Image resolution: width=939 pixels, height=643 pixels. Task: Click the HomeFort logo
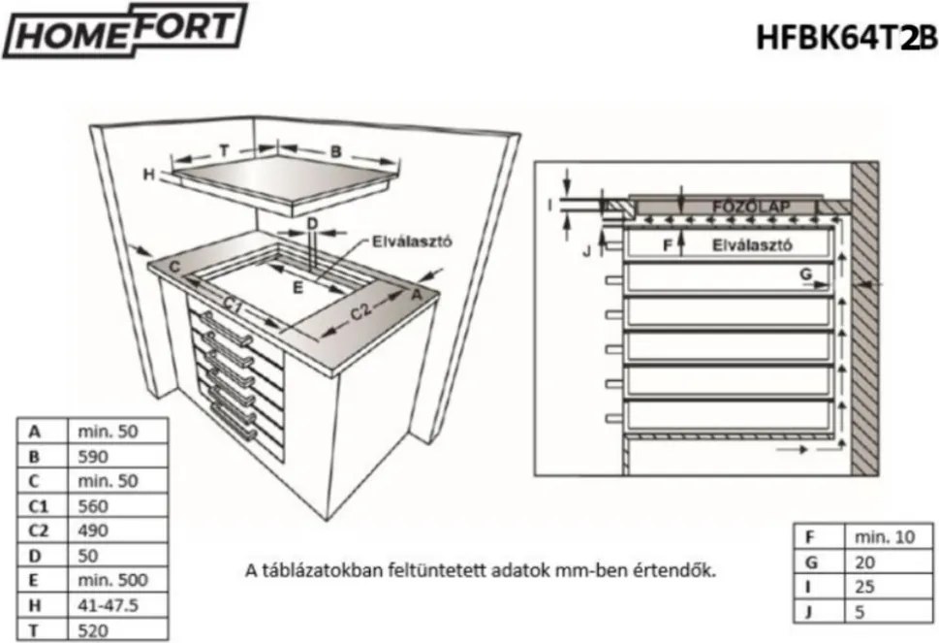[x=125, y=33]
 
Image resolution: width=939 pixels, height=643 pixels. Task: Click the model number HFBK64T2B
[x=846, y=37]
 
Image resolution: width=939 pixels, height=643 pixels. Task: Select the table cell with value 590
[x=116, y=455]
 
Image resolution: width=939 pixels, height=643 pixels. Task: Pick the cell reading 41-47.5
[x=116, y=606]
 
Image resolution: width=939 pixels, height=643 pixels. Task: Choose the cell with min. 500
[x=116, y=581]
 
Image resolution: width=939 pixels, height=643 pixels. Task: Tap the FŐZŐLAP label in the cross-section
[x=751, y=207]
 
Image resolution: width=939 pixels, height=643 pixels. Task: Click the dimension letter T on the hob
[x=223, y=151]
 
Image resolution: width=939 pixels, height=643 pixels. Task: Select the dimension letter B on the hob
[x=335, y=151]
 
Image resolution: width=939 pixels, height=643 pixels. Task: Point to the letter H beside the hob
[x=148, y=175]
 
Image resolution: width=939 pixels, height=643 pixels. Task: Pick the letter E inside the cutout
[x=298, y=287]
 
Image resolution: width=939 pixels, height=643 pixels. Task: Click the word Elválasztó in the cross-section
[x=753, y=245]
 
